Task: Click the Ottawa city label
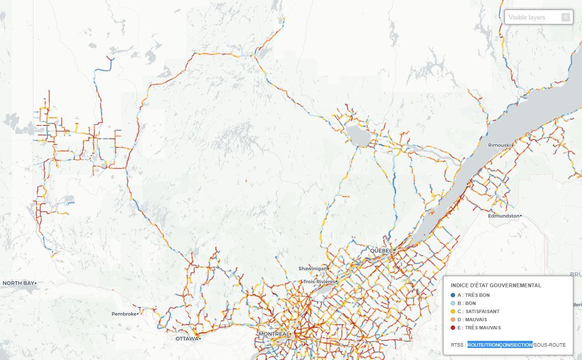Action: click(x=186, y=338)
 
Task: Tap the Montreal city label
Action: click(x=274, y=334)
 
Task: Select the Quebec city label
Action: click(x=381, y=250)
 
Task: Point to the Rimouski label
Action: click(x=499, y=145)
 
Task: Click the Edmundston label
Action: click(x=503, y=216)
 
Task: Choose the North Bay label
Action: click(x=18, y=283)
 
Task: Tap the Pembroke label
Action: click(x=124, y=314)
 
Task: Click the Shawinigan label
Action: click(x=312, y=269)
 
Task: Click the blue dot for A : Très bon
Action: click(x=453, y=295)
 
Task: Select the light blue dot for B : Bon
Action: click(x=453, y=304)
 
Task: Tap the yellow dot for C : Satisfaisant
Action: click(x=453, y=312)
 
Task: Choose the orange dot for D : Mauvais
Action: click(x=453, y=320)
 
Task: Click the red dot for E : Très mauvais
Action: click(x=453, y=328)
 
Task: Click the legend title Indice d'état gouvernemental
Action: click(x=496, y=285)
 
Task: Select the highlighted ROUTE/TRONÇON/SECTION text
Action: click(x=500, y=345)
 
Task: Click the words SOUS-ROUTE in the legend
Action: click(x=549, y=345)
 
